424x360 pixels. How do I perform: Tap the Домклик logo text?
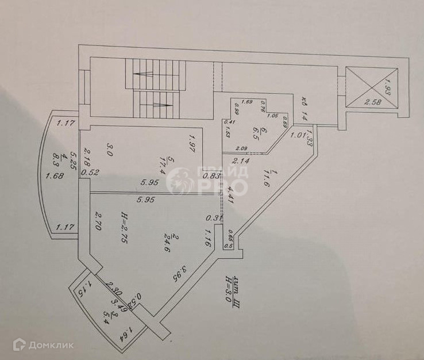coord(52,345)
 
